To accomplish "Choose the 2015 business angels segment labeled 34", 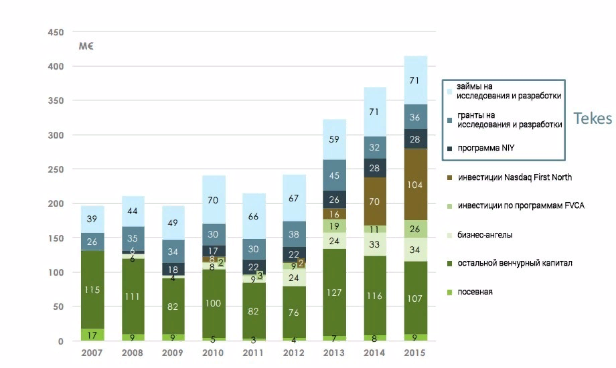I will click(414, 250).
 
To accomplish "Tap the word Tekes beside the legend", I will click(593, 118).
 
